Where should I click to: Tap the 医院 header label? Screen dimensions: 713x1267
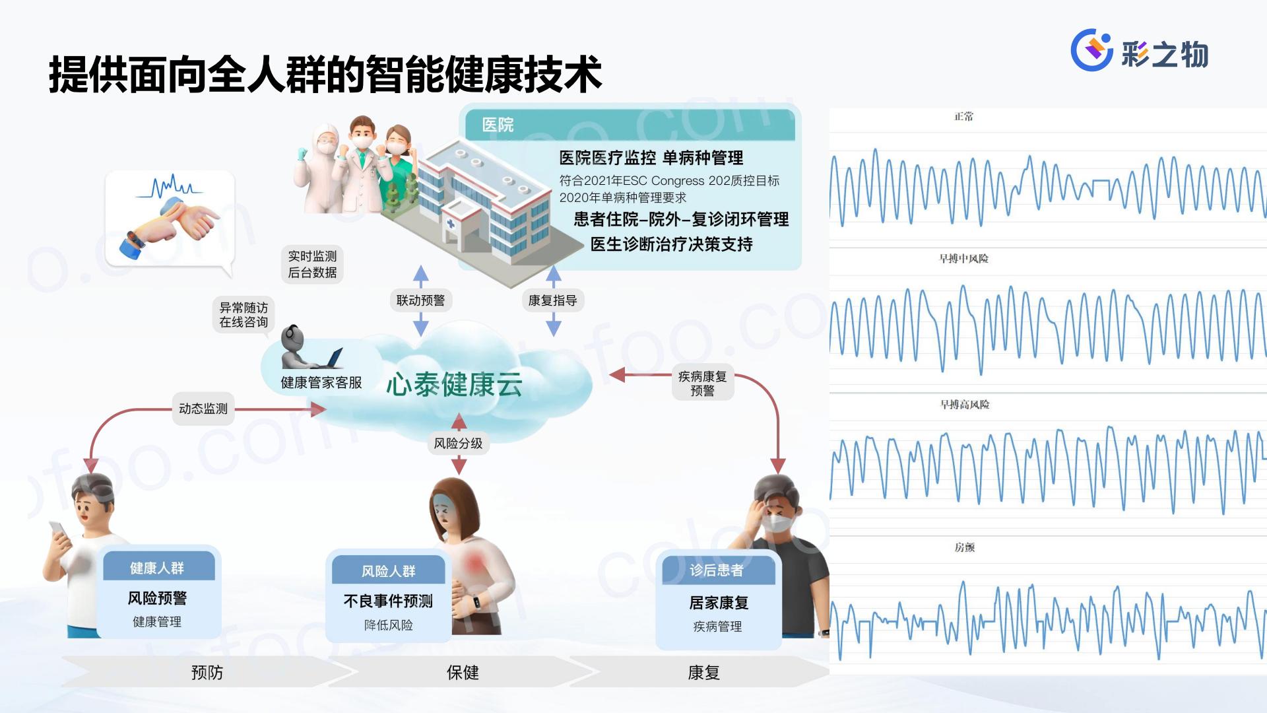click(x=498, y=125)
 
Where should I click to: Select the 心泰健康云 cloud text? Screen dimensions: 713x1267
click(x=454, y=384)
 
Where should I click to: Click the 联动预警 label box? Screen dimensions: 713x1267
click(x=420, y=300)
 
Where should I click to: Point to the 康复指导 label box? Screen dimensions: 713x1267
click(x=553, y=300)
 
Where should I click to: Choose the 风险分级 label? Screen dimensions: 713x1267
click(x=458, y=444)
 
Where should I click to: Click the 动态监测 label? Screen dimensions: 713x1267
click(x=203, y=409)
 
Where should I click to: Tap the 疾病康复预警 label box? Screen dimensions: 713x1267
click(x=702, y=384)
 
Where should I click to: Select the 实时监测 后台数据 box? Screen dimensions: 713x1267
click(x=312, y=264)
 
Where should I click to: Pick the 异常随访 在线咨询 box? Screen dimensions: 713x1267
click(x=244, y=315)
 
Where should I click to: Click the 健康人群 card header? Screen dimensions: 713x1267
click(x=158, y=568)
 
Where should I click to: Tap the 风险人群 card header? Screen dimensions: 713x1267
click(x=389, y=571)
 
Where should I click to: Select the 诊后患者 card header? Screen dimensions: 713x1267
click(x=717, y=570)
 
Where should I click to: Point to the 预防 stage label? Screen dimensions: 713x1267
click(x=207, y=673)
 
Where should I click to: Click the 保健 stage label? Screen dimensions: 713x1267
click(x=463, y=673)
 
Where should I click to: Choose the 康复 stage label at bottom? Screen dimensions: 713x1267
click(x=703, y=673)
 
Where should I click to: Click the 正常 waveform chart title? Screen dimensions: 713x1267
click(x=964, y=117)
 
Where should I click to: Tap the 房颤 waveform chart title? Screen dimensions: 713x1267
click(x=964, y=547)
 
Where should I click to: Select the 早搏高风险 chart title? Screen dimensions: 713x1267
click(x=964, y=405)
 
